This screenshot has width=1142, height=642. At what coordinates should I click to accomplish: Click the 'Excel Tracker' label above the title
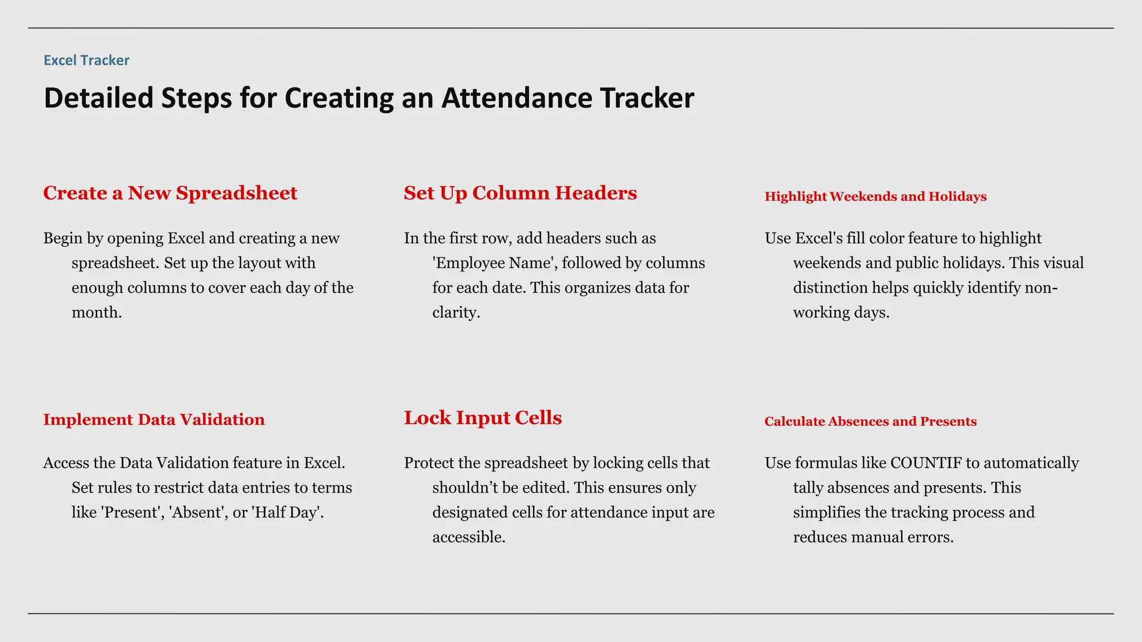(x=86, y=60)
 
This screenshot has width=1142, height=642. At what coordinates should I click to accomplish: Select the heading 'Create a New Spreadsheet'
(x=170, y=193)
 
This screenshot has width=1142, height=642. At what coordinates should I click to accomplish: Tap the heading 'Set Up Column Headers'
(x=520, y=193)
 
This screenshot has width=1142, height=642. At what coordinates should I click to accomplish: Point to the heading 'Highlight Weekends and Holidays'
(x=875, y=196)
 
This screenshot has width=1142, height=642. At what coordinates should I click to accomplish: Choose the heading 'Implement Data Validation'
(x=154, y=419)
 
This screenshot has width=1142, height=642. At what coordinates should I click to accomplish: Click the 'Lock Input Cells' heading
(x=482, y=417)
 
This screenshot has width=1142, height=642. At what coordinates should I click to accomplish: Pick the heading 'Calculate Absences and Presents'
(x=870, y=421)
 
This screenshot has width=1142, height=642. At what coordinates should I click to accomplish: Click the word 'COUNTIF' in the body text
(x=926, y=463)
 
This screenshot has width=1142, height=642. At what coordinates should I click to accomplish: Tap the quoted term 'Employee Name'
(x=495, y=263)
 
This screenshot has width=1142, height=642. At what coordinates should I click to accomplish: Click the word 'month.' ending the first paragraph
(x=96, y=313)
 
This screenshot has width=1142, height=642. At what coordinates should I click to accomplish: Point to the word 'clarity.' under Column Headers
(x=456, y=313)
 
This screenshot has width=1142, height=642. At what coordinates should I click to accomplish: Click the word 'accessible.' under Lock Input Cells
(x=468, y=537)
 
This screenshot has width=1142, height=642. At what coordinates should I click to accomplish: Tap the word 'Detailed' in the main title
(x=98, y=98)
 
